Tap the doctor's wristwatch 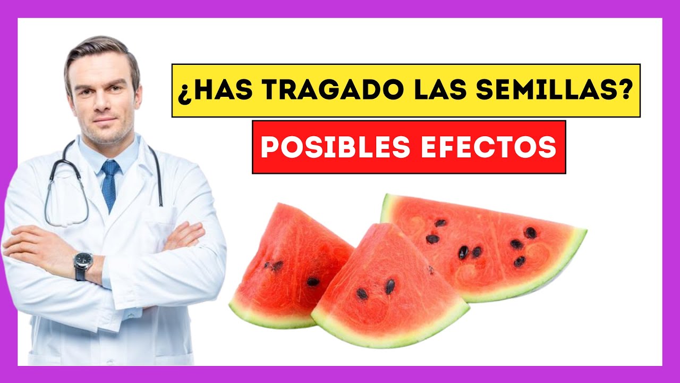click(x=83, y=265)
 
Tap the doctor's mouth click(x=105, y=120)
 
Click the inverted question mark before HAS click(x=183, y=93)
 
